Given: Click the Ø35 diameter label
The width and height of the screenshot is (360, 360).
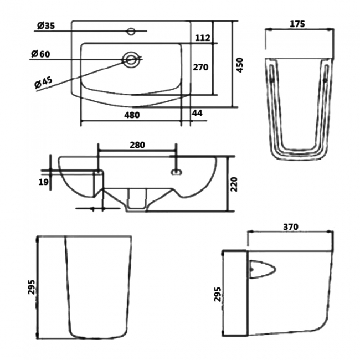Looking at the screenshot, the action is coord(46,25).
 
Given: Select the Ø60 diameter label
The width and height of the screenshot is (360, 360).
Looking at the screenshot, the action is coord(40,54).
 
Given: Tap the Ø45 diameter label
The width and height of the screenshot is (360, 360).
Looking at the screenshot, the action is coord(44,82).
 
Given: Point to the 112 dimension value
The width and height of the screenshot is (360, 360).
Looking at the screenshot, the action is coord(203,38).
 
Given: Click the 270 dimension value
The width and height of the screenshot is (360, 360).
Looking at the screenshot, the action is coord(200,67).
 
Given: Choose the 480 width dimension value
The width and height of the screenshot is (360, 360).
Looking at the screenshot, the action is coord(132,115).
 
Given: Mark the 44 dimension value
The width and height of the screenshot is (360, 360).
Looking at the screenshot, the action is coord(197,113).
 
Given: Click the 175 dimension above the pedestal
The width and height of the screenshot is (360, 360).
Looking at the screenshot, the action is coord(297,24).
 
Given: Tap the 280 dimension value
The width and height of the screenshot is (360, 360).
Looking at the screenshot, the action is coord(137,145).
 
